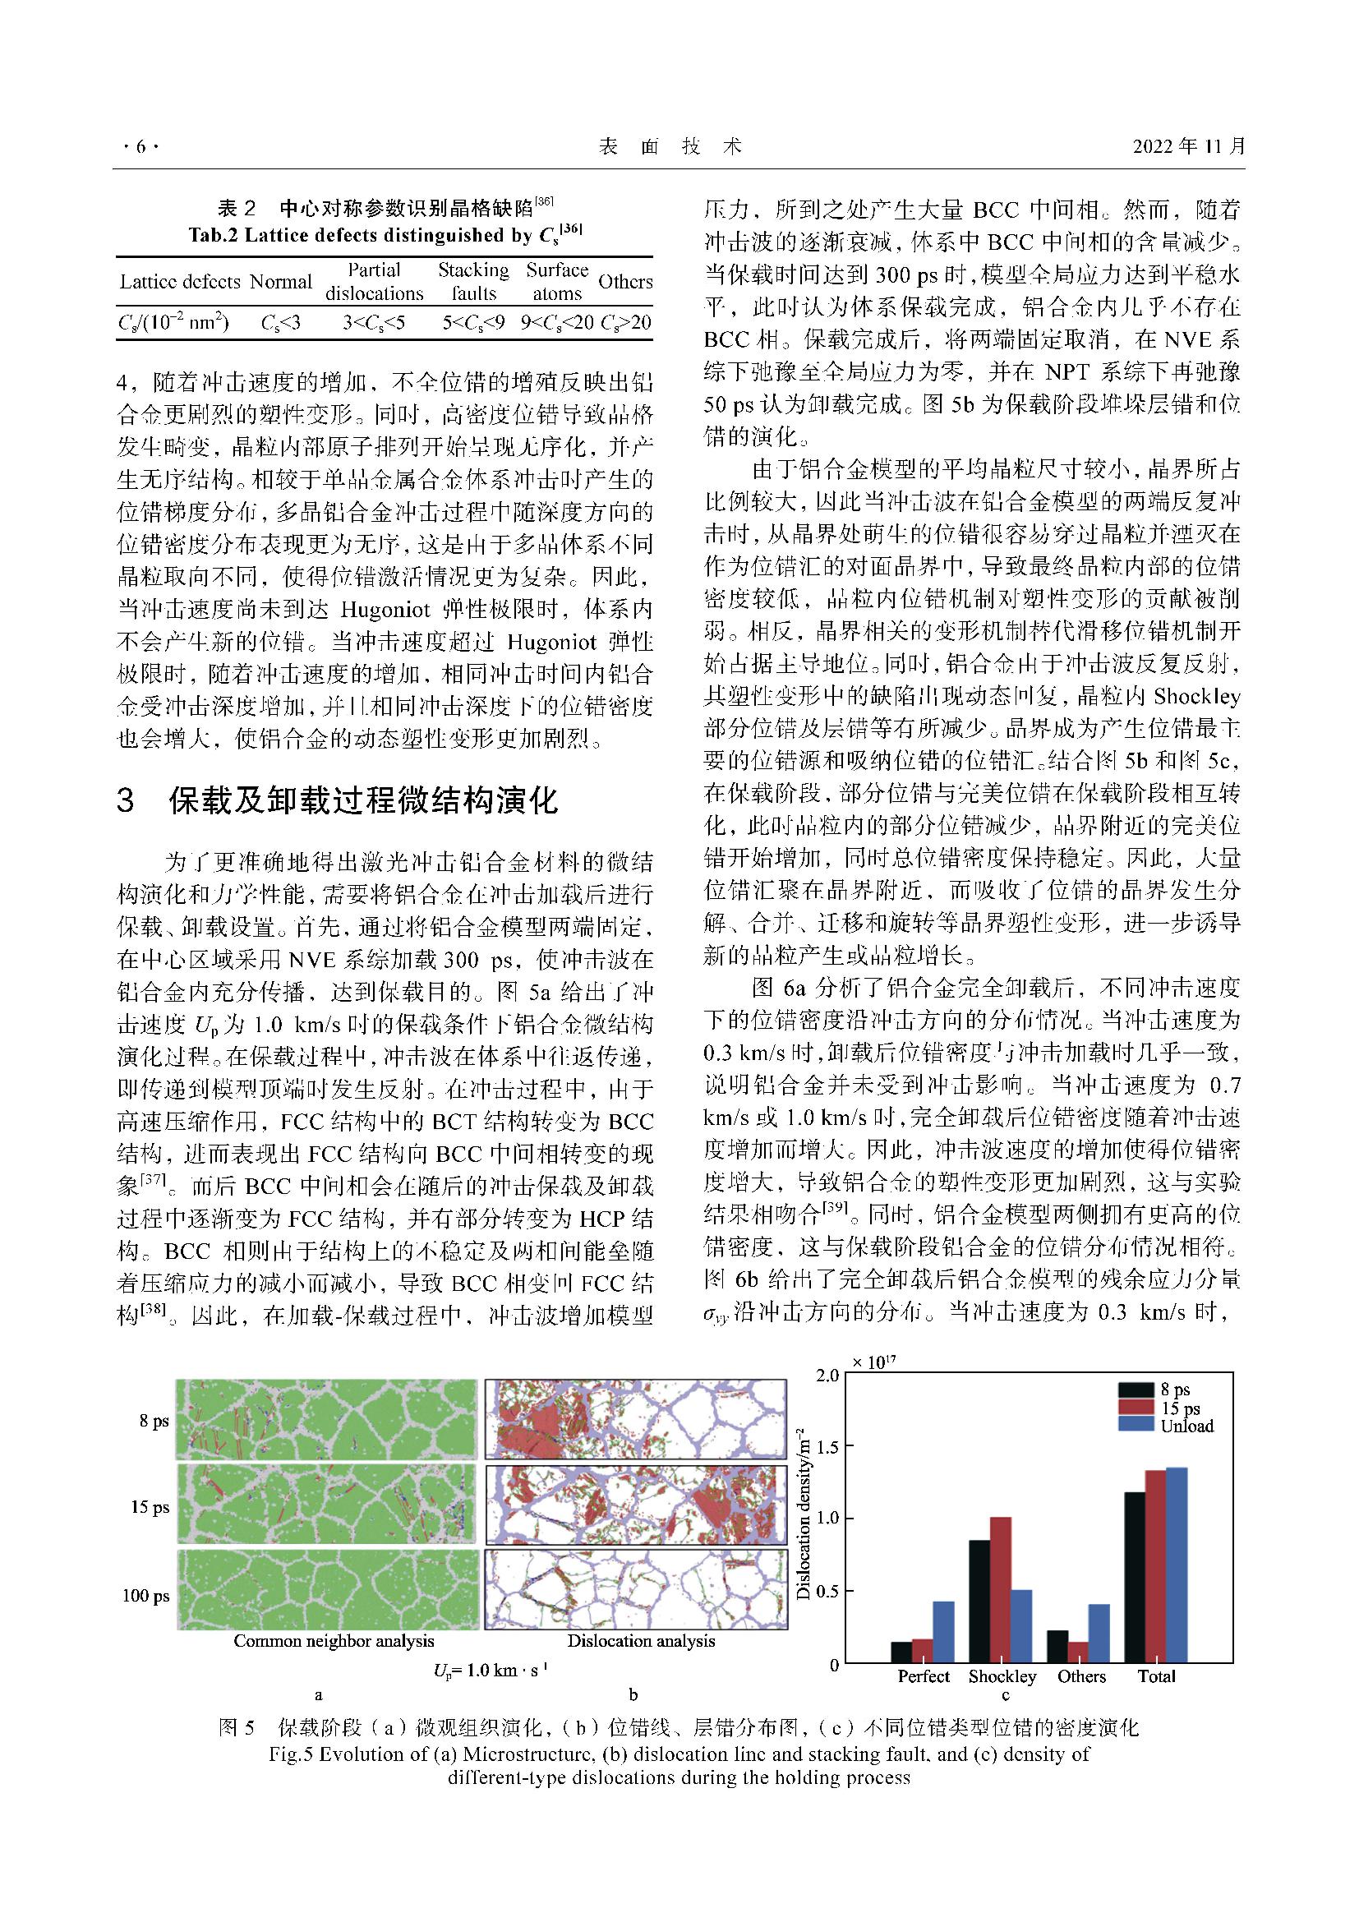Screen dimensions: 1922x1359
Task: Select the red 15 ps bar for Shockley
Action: click(1001, 1591)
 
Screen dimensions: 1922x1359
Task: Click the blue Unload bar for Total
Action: click(1177, 1565)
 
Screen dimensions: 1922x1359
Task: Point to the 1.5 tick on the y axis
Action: click(827, 1445)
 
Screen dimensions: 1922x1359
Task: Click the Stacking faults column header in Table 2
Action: click(473, 281)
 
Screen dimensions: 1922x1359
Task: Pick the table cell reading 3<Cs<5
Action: click(373, 322)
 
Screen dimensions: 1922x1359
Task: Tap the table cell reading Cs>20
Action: click(626, 322)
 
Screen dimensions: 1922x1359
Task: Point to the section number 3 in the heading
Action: click(126, 801)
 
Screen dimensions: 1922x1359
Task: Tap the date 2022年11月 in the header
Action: click(1189, 147)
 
